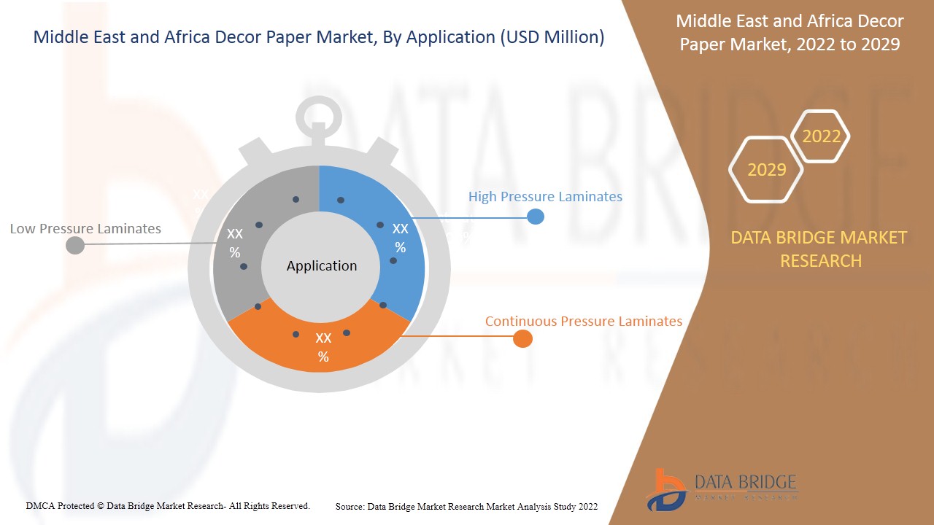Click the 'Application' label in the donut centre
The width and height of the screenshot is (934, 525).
pos(321,266)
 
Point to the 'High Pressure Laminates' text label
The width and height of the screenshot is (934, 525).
pos(545,196)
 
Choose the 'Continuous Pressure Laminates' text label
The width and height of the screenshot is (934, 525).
pos(583,321)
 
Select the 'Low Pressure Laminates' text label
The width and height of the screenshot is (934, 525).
pos(85,228)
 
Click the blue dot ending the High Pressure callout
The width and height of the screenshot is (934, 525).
pos(536,217)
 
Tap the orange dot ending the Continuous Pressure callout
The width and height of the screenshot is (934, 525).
pos(522,338)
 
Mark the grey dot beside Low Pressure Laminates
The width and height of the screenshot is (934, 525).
pos(75,245)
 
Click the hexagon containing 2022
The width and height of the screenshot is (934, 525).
pos(821,136)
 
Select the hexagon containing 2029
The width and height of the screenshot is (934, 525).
pos(766,169)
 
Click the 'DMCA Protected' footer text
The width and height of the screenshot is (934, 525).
pos(167,505)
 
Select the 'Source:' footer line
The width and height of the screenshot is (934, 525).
pos(466,506)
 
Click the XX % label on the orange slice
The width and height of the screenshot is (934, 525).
pos(323,347)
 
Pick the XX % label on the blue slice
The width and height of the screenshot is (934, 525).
pos(400,238)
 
